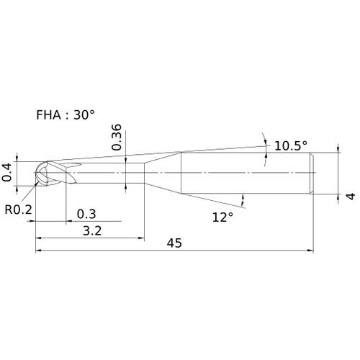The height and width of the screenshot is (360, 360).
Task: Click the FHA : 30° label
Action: click(66, 114)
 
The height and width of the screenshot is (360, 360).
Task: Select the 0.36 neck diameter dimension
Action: click(117, 138)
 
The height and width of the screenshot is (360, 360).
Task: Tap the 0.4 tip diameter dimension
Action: click(6, 172)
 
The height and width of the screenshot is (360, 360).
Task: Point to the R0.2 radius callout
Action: click(18, 210)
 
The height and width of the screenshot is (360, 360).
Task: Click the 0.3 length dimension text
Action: click(86, 214)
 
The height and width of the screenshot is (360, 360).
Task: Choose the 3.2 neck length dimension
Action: click(92, 231)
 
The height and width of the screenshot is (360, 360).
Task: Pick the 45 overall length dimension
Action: click(174, 243)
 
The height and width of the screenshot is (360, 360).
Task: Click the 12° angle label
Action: click(222, 217)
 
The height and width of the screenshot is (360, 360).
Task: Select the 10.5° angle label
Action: click(291, 145)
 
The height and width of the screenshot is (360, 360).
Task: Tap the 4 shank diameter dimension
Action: click(351, 197)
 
